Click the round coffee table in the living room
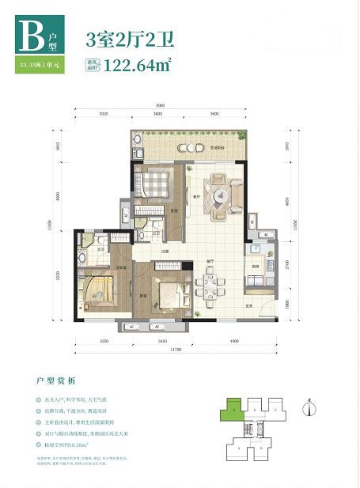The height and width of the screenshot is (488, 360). point(217,194)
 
